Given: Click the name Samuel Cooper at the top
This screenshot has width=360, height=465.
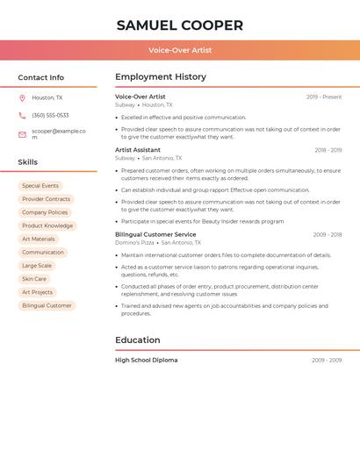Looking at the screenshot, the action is coord(180,25).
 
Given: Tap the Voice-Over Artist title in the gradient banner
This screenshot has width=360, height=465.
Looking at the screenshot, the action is coord(180,50).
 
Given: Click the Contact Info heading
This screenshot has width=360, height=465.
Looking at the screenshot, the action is coord(41,77).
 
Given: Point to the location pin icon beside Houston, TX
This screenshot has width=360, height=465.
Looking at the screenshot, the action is coord(22,98).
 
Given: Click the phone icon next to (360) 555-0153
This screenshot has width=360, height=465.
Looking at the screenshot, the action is coord(22,115).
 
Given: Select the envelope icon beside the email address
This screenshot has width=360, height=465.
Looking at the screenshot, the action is coord(22,134).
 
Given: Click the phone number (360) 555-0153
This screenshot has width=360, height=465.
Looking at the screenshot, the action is coord(50,115).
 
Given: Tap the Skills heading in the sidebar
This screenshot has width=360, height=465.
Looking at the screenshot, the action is coord(28,162).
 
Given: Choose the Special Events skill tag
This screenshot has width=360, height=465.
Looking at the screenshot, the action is coord(40,186).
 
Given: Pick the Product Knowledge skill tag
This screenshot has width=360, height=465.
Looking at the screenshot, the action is coord(47,225).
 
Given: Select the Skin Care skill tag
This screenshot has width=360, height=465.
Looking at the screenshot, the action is coord(34,279).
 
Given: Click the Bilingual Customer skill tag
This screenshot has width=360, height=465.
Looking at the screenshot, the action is coord(47,305).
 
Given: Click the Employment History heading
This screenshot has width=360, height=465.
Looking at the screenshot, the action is coord(161,77).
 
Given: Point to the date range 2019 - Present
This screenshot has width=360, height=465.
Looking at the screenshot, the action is coord(324,97).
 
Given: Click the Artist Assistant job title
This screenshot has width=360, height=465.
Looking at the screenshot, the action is coord(138,150).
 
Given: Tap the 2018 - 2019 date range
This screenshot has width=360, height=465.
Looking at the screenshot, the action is coord(328,150).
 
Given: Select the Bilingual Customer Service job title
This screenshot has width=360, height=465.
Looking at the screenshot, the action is coord(155,234).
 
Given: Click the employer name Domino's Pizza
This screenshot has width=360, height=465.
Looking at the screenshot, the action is coord(134,242).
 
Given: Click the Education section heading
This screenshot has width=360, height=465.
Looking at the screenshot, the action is coord(138,340).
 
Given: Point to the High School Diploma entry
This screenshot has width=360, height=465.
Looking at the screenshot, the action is coord(146,360).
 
